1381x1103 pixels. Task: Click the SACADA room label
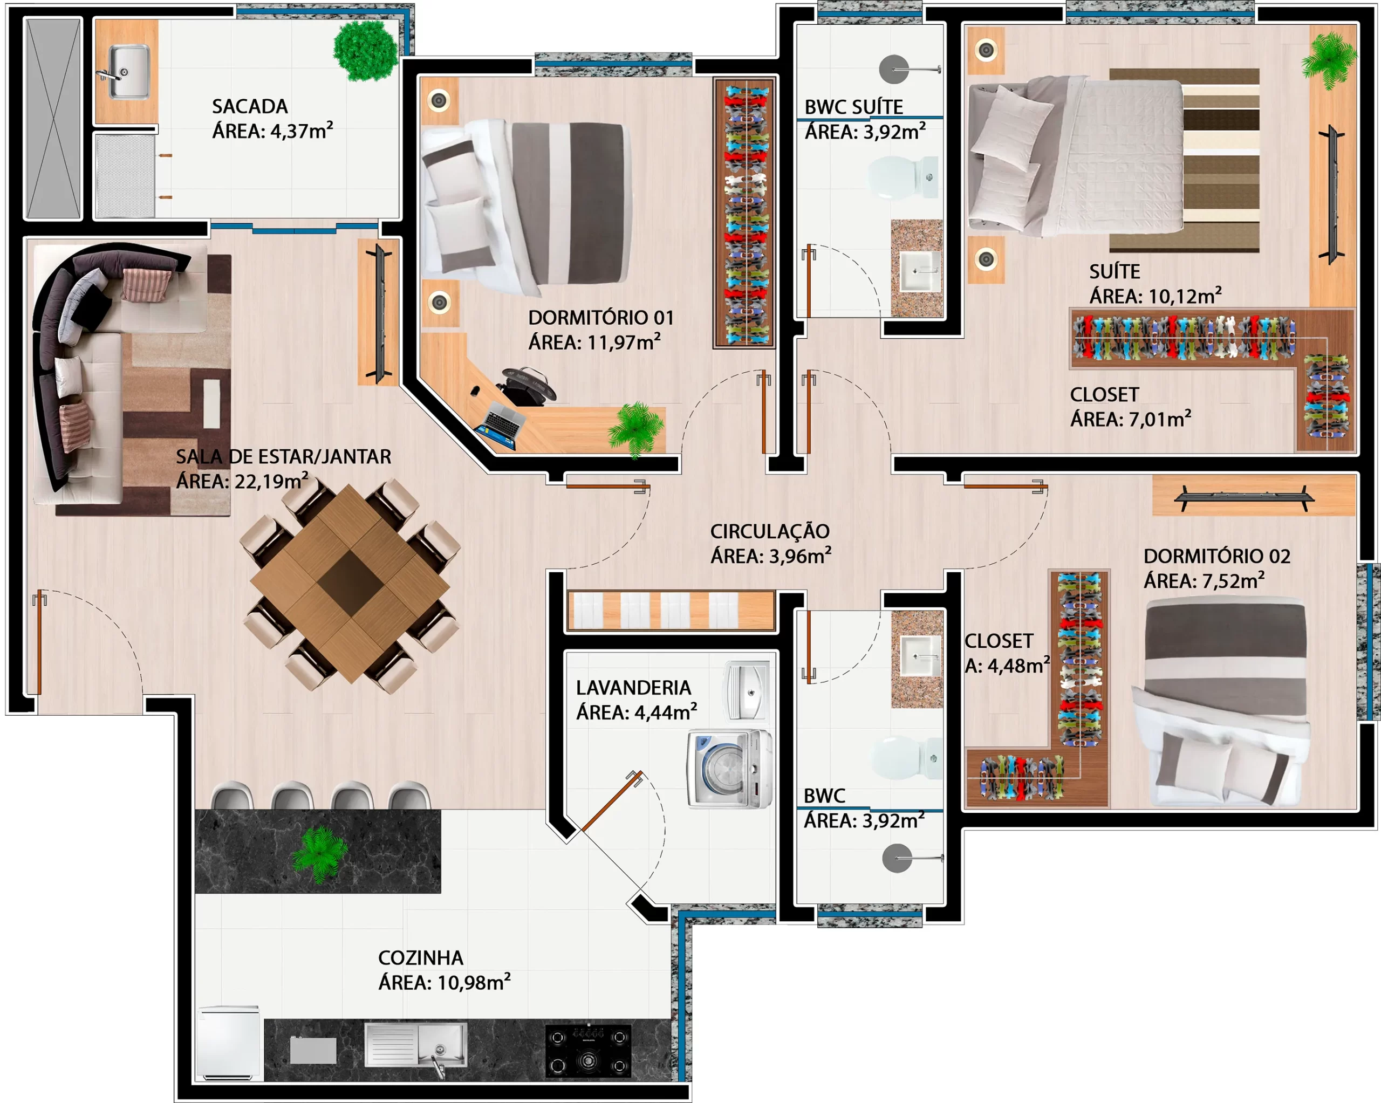[250, 106]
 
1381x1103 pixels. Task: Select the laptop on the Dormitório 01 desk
[500, 426]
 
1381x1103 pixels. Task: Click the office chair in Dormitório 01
[527, 386]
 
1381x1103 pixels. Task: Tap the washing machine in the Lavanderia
[729, 769]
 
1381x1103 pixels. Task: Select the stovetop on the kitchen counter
[588, 1051]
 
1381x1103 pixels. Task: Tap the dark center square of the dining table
[350, 583]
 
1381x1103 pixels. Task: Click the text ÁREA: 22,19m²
[242, 481]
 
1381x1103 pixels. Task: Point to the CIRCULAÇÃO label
[770, 531]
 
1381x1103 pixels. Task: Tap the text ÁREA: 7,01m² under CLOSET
[1131, 419]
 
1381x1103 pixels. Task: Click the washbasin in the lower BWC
[920, 656]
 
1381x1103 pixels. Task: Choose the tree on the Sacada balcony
[366, 51]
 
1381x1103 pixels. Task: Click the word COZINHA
[420, 957]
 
